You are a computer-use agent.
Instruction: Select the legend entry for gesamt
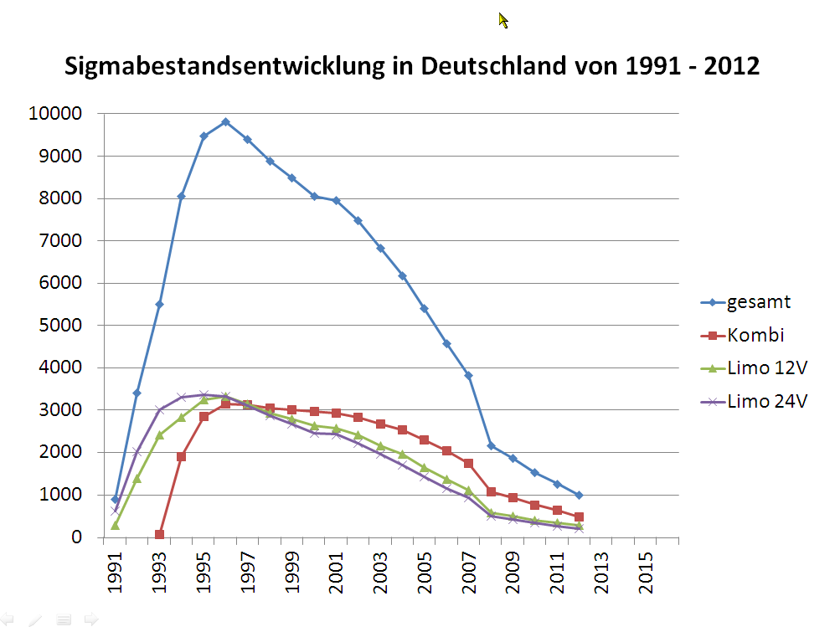pyautogui.click(x=759, y=303)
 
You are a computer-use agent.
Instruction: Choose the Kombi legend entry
pyautogui.click(x=755, y=336)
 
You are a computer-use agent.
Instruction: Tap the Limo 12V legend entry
pyautogui.click(x=767, y=368)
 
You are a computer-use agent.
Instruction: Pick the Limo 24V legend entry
pyautogui.click(x=767, y=402)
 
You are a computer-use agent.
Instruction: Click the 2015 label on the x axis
pyautogui.click(x=646, y=575)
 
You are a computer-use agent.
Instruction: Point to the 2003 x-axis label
pyautogui.click(x=381, y=575)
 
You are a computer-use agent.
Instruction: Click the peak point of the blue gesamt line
pyautogui.click(x=225, y=121)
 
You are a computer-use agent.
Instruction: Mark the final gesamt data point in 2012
pyautogui.click(x=579, y=496)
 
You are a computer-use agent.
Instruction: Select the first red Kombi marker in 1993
pyautogui.click(x=159, y=535)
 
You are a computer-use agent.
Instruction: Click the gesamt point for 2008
pyautogui.click(x=491, y=445)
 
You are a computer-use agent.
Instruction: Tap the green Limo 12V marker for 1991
pyautogui.click(x=115, y=525)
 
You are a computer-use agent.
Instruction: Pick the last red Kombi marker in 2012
pyautogui.click(x=579, y=517)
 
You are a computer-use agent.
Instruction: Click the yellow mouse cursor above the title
pyautogui.click(x=502, y=19)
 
